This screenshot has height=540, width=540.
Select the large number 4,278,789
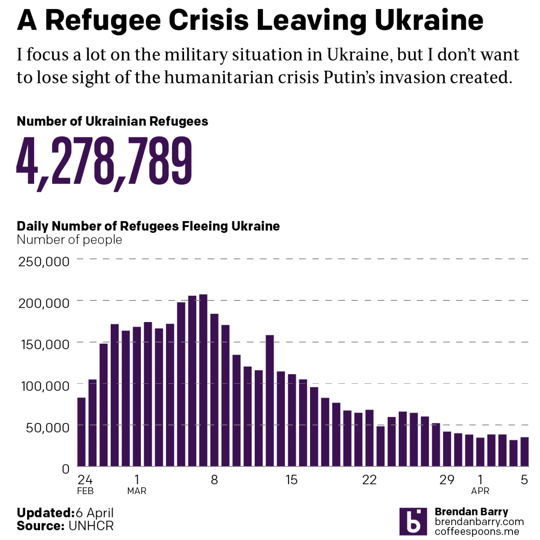[104, 162]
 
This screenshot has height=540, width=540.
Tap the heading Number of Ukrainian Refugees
[112, 121]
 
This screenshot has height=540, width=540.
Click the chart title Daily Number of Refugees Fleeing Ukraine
[148, 226]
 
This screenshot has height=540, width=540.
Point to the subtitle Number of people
[69, 240]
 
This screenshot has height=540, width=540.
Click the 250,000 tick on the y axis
[44, 261]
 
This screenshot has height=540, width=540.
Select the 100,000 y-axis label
[45, 386]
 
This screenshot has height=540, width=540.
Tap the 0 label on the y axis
[66, 469]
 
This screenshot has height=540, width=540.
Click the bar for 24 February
[81, 431]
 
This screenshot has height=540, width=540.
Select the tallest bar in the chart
[203, 380]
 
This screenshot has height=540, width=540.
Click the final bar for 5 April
[524, 452]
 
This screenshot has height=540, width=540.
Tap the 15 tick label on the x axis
[292, 480]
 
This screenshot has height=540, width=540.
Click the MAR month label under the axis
[137, 491]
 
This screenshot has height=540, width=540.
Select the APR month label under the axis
[480, 491]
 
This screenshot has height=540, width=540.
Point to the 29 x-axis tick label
[447, 480]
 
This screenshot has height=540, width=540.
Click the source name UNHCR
[91, 526]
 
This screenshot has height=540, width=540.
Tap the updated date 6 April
[94, 513]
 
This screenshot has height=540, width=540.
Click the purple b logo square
[413, 522]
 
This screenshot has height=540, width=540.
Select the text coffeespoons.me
[477, 531]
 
